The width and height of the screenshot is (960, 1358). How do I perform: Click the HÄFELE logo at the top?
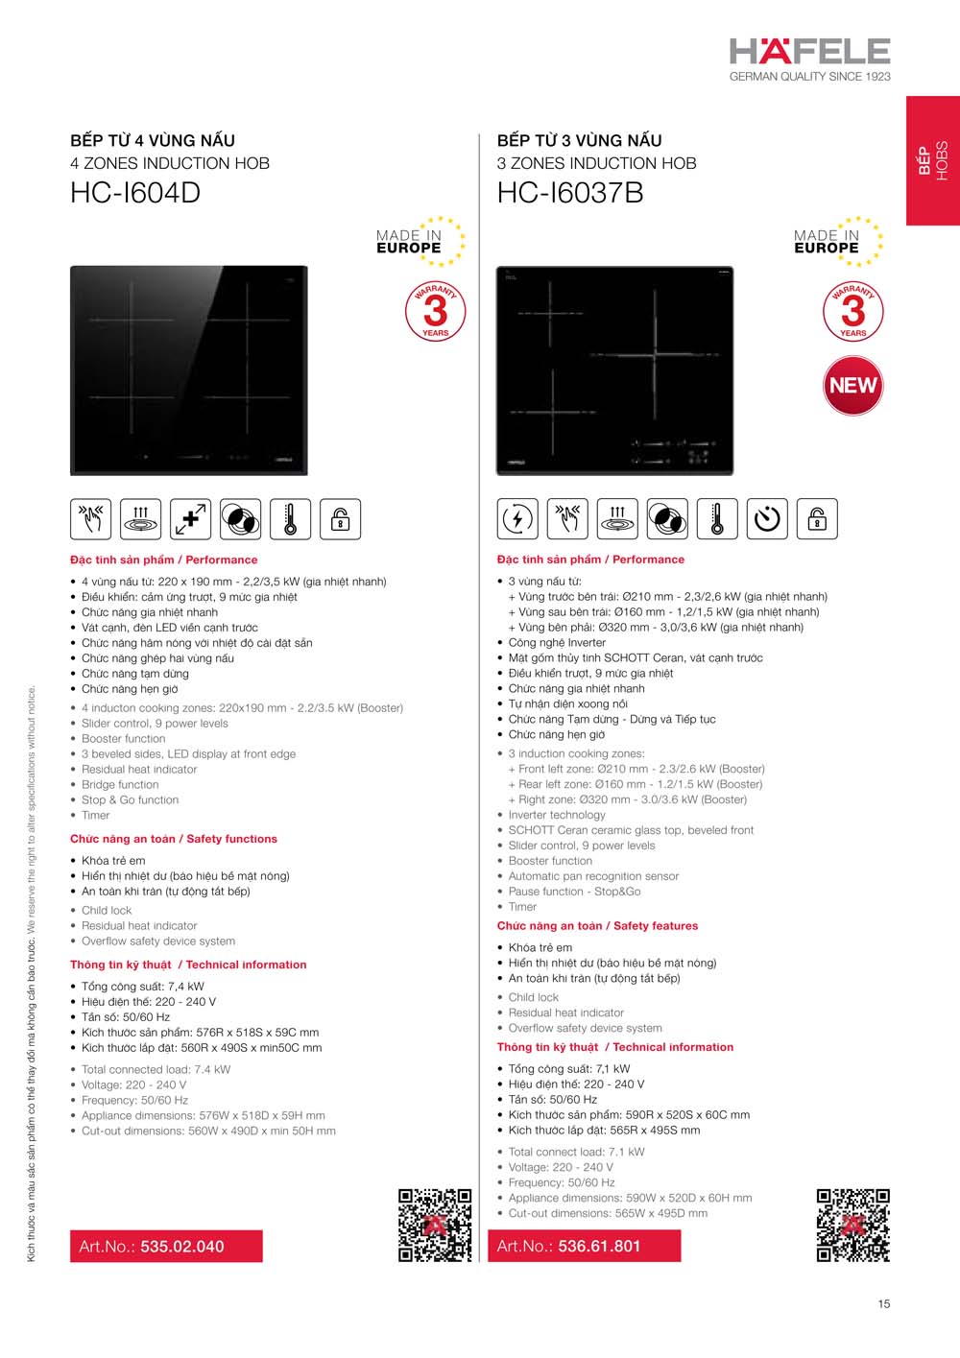pos(809,52)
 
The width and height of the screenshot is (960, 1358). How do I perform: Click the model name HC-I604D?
pos(135,193)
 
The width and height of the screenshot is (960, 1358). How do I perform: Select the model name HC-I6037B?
pos(570,193)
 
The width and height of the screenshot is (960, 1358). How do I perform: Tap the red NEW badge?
pos(852,385)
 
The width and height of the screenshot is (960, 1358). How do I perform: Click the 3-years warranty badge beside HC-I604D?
pos(435,311)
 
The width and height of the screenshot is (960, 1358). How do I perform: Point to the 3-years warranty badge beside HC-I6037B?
pos(852,311)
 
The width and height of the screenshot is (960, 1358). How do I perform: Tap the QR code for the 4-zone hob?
pos(435,1225)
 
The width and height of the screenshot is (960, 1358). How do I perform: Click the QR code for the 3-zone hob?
pos(852,1225)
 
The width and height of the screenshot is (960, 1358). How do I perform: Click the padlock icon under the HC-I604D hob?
pos(340,519)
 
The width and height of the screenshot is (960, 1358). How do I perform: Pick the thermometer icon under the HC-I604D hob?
pos(290,519)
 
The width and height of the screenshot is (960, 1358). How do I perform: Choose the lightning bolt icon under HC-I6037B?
pos(517,519)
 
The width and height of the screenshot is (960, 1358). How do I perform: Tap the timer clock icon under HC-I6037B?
pos(767,519)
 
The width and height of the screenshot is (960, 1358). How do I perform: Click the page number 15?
pos(883,1303)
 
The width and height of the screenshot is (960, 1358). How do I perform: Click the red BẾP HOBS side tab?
pos(933,160)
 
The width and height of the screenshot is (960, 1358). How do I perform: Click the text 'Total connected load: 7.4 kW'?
pos(156,1069)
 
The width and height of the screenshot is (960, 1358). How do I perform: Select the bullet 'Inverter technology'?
pos(557,815)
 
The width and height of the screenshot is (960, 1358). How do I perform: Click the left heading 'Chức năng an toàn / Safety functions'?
pos(174,839)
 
